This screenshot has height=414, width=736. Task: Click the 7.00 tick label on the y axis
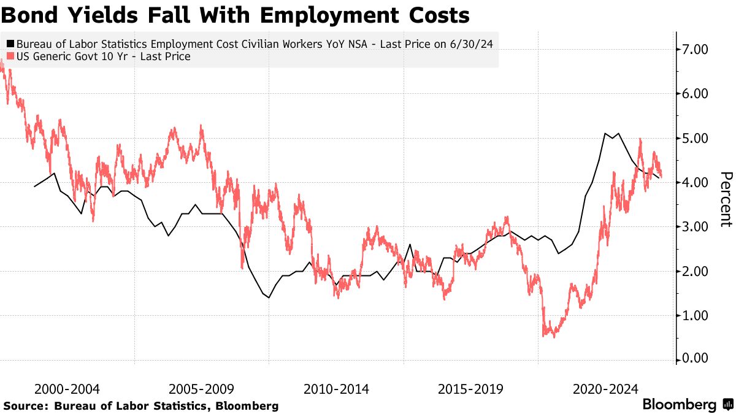700,49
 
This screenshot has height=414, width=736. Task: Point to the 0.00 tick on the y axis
700,359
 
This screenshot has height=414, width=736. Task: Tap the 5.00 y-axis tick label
700,138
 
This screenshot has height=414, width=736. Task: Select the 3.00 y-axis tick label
700,227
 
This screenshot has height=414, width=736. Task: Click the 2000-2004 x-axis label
67,389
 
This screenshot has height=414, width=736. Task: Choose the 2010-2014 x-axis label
337,389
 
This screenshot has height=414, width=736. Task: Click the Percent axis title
726,199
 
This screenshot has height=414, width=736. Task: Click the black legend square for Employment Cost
10,44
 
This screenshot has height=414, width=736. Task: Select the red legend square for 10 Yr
10,57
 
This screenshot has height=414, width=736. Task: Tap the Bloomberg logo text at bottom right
679,405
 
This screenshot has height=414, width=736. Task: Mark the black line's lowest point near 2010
269,297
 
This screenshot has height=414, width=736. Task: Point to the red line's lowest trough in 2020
554,337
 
